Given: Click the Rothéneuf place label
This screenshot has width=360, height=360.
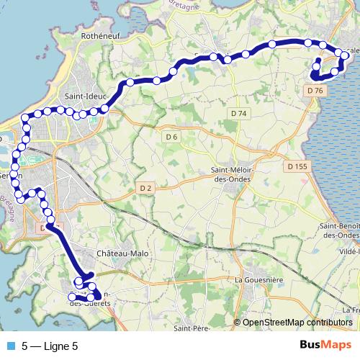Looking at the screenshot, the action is [x=105, y=34].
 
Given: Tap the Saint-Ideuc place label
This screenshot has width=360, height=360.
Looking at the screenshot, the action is [x=86, y=94].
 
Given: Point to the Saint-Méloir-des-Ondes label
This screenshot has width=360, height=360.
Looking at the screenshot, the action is [x=230, y=175].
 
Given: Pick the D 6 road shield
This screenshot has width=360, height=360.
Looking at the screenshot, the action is [x=171, y=137].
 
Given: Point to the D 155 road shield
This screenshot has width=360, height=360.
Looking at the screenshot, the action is [x=297, y=166].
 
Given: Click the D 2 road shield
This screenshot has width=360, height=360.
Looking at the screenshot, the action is [x=145, y=188].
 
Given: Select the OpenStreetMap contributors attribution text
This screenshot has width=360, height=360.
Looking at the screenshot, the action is [x=297, y=322].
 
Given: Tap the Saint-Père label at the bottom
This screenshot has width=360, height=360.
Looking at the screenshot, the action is [x=191, y=329].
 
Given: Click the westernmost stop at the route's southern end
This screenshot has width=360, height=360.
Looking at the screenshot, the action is [x=71, y=297].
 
